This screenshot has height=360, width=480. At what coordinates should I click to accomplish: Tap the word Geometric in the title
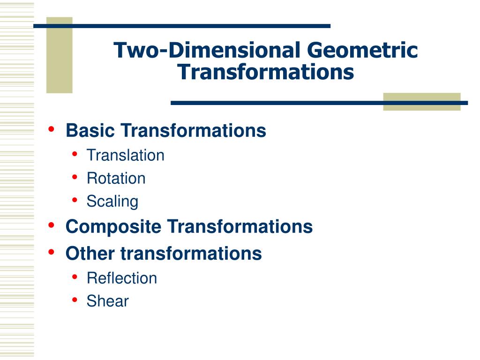tap(362, 51)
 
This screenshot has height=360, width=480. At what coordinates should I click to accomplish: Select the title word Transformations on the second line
tap(266, 72)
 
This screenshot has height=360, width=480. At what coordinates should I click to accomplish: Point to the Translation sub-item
tap(125, 155)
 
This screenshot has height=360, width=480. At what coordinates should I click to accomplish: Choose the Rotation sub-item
tap(116, 178)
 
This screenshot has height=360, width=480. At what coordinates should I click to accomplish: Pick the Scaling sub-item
tap(112, 202)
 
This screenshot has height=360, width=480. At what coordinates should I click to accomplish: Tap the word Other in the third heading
tap(90, 254)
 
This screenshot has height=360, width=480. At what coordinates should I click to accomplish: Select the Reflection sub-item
tap(122, 278)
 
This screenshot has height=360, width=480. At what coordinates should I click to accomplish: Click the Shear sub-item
tap(107, 301)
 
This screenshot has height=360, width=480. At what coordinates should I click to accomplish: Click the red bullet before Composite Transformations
tap(52, 225)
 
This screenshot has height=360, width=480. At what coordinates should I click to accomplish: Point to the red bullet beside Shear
tap(75, 300)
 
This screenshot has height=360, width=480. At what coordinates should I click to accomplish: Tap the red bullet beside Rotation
tap(75, 177)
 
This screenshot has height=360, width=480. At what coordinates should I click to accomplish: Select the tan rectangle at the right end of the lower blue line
tap(421, 102)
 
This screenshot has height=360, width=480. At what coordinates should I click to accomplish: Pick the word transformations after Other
tap(191, 254)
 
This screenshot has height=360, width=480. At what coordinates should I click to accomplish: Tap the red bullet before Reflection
tap(75, 277)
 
